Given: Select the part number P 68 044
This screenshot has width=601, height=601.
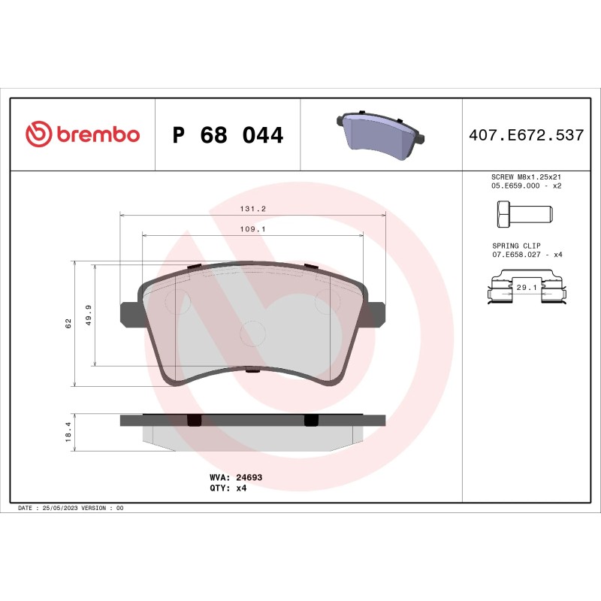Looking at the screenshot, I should [x=228, y=136].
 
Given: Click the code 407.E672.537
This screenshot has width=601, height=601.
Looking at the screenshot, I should [x=526, y=136].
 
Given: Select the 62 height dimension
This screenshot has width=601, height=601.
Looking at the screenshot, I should [x=68, y=323].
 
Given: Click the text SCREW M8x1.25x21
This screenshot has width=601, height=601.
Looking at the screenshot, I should [x=526, y=176].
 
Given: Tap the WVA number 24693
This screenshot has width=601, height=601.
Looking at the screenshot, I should [x=249, y=477].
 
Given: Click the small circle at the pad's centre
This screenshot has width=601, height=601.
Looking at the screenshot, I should [x=251, y=333].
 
